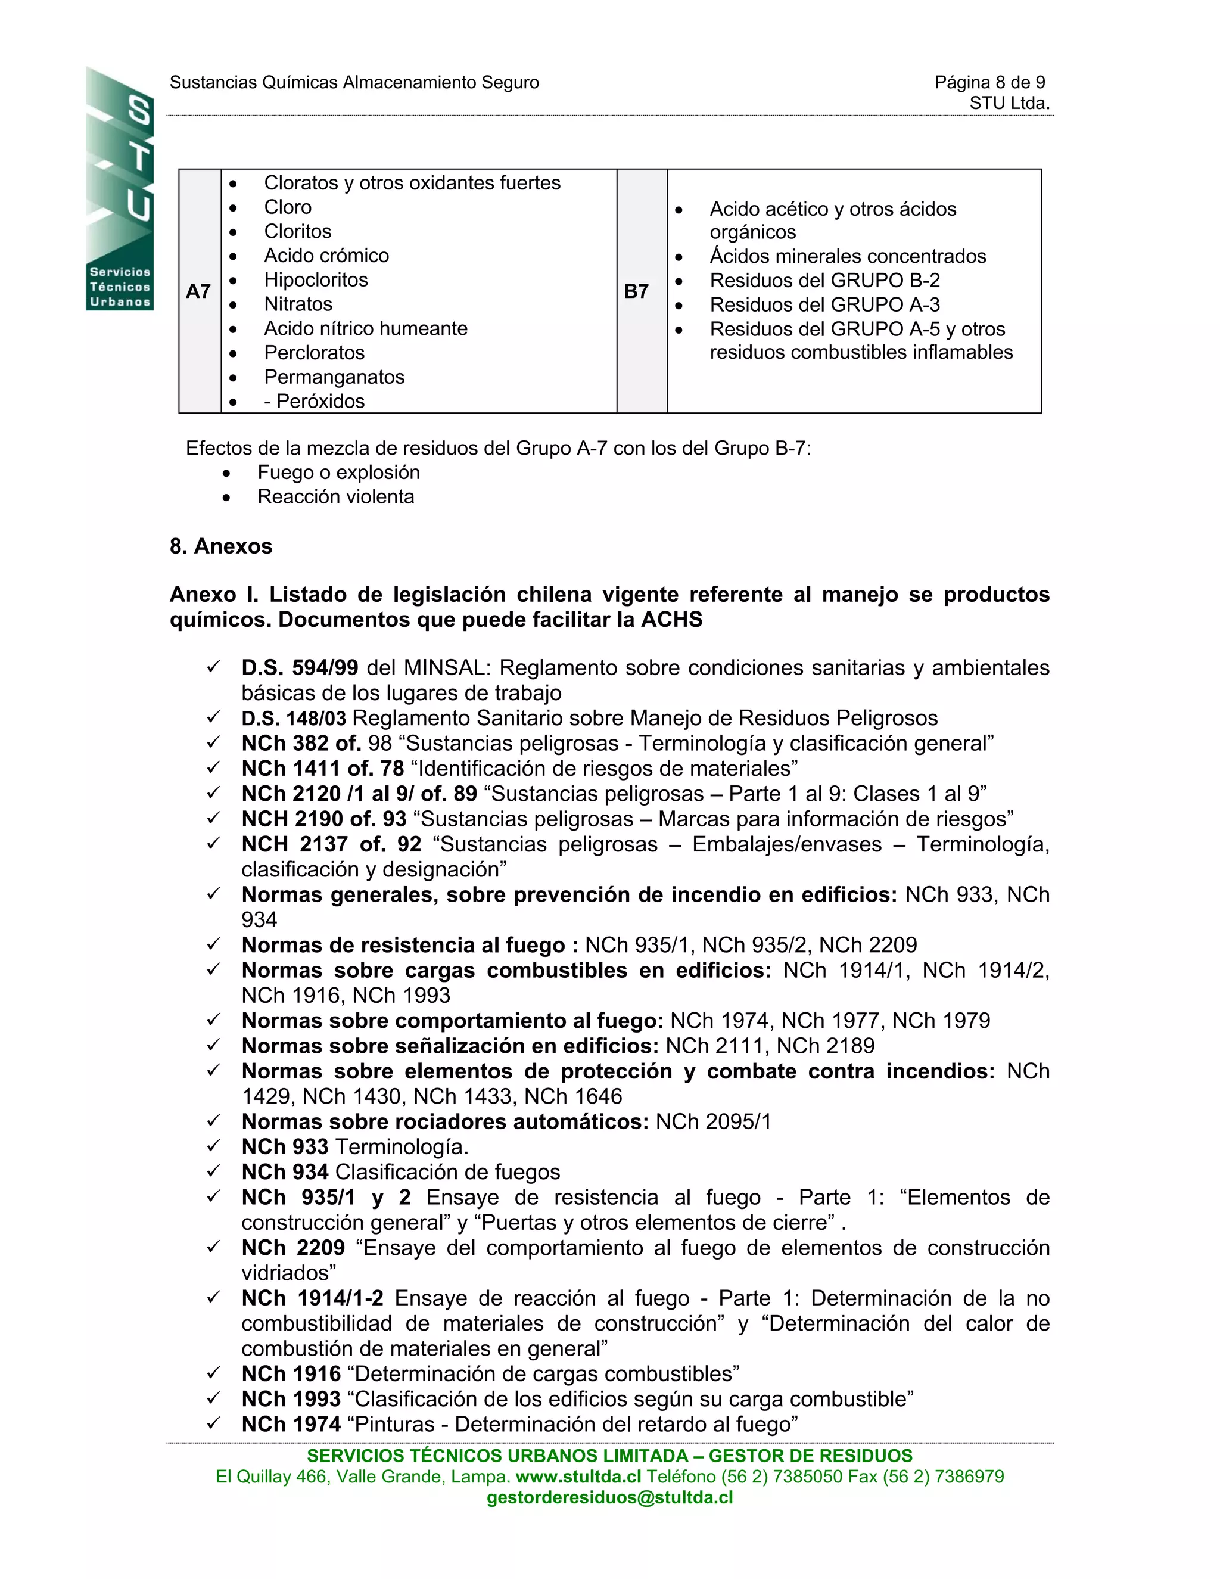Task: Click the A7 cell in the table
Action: (198, 291)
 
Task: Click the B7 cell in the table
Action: (636, 291)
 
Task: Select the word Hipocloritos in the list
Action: (316, 280)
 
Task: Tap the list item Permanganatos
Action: (334, 377)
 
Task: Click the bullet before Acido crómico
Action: (233, 256)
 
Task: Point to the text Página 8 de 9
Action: (989, 82)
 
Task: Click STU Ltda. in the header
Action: (1009, 104)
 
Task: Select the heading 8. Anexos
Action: (221, 546)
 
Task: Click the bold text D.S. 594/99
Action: (299, 667)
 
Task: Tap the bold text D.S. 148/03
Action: (294, 718)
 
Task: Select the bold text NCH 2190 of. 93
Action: (324, 819)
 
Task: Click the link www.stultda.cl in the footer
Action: (578, 1477)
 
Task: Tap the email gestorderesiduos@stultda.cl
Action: (610, 1497)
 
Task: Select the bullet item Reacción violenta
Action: (335, 497)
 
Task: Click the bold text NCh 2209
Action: (292, 1248)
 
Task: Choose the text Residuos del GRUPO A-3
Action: (824, 304)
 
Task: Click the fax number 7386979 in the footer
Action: (969, 1477)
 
